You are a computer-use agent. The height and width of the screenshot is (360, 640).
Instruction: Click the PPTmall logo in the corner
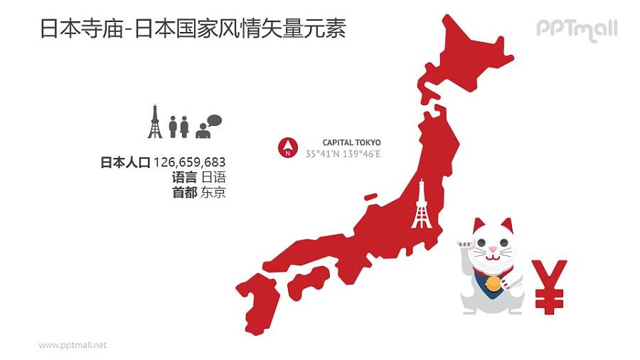tap(577, 29)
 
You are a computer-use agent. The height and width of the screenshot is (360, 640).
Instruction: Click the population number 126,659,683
tap(189, 162)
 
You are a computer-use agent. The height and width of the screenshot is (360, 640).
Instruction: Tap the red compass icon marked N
tap(287, 147)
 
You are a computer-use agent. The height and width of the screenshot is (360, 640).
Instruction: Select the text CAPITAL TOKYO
tap(351, 142)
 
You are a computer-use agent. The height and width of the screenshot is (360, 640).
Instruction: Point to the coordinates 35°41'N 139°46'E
tap(343, 154)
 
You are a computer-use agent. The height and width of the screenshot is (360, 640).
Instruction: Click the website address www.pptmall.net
tap(73, 345)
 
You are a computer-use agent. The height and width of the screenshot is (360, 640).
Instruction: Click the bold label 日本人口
tap(125, 163)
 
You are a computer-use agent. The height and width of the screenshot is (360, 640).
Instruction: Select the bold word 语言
tap(184, 178)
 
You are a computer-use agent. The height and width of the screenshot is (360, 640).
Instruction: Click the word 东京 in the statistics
tap(213, 193)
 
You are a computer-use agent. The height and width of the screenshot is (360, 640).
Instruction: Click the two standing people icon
tap(178, 127)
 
